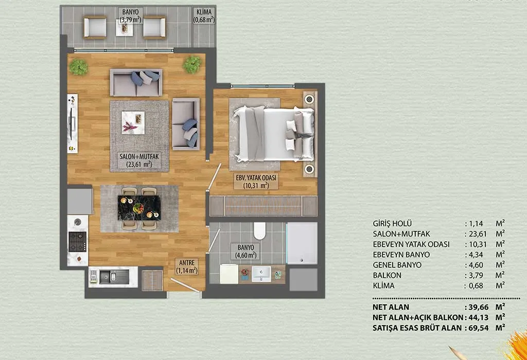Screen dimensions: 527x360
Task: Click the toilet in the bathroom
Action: pyautogui.click(x=259, y=231)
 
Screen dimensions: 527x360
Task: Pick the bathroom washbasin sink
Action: pyautogui.click(x=261, y=274)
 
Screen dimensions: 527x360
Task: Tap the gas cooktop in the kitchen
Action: pyautogui.click(x=78, y=241)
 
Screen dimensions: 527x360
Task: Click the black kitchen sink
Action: pyautogui.click(x=114, y=276)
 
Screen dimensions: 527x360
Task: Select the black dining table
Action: pyautogui.click(x=139, y=208)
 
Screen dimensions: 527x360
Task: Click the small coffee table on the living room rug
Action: pyautogui.click(x=133, y=123)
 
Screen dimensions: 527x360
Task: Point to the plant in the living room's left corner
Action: pyautogui.click(x=79, y=67)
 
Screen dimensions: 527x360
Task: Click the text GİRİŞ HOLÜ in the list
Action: pyautogui.click(x=392, y=223)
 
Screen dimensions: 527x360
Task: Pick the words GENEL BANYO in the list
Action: pyautogui.click(x=397, y=265)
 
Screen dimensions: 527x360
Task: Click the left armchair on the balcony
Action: pyautogui.click(x=95, y=27)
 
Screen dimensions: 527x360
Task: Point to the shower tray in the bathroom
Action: pyautogui.click(x=302, y=243)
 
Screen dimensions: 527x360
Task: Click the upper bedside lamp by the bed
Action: pyautogui.click(x=309, y=99)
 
